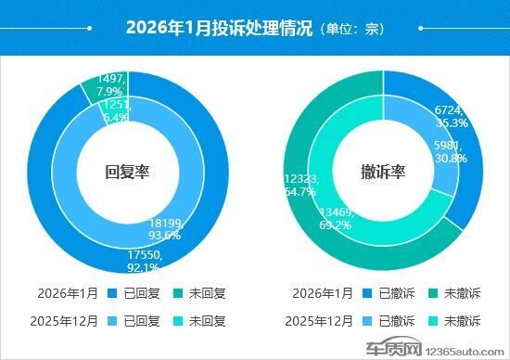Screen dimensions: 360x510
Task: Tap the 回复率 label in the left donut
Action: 128,172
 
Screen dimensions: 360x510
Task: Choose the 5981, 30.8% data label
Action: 451,151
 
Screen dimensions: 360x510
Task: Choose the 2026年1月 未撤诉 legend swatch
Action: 434,293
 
